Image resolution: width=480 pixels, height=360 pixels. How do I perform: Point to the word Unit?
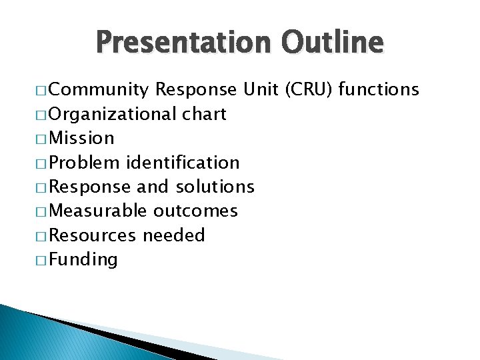261,90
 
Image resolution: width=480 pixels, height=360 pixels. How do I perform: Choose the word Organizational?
113,115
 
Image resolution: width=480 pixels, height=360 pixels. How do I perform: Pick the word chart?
204,114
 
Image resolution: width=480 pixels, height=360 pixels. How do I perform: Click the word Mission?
82,139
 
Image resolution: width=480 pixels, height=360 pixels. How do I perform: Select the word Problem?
85,163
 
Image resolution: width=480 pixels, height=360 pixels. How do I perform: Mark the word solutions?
215,187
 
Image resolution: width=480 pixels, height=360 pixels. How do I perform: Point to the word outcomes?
195,211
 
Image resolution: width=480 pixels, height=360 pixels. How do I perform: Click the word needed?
174,235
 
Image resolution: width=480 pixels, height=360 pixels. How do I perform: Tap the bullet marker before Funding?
41,260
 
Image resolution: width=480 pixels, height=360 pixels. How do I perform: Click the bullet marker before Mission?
41,139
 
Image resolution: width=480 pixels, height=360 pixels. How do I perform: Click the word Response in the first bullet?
195,90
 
